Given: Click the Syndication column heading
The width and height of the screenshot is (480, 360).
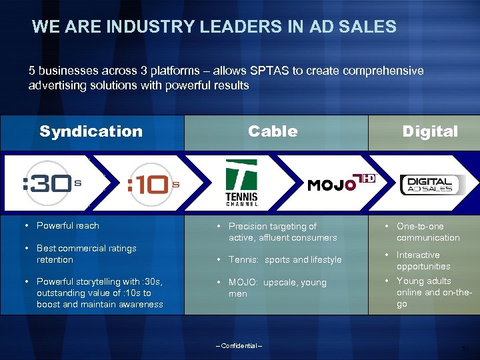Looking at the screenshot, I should click(91, 131).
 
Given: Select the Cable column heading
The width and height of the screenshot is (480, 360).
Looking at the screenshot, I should click(273, 131).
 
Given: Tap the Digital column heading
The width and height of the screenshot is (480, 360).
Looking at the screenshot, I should click(430, 131).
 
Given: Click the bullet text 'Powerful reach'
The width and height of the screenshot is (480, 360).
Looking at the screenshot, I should click(67, 225).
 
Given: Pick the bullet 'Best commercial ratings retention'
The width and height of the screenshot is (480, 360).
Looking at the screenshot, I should click(86, 254).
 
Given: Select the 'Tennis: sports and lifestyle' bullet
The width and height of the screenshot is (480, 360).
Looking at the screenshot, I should click(285, 259).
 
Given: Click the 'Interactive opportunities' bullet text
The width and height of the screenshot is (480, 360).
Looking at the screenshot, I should click(423, 261).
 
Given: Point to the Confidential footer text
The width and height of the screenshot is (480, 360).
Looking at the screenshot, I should click(239, 345).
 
